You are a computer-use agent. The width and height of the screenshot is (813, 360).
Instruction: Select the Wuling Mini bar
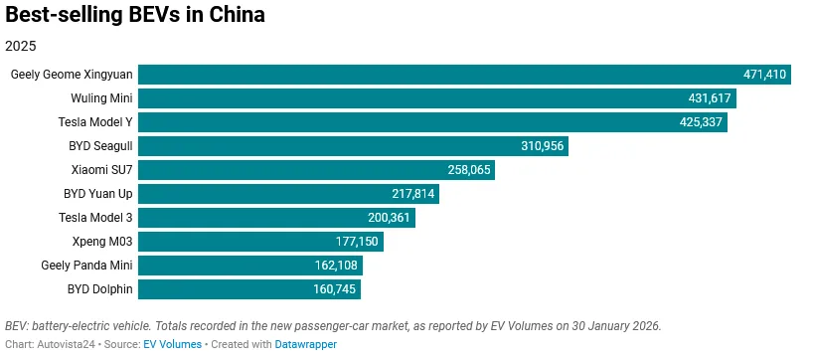407,98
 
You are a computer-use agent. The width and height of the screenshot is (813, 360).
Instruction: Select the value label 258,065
469,170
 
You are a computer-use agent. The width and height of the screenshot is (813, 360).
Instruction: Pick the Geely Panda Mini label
86,266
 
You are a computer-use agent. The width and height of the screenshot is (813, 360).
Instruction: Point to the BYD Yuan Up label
97,194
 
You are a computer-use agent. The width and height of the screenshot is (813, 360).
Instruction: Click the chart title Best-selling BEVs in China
135,16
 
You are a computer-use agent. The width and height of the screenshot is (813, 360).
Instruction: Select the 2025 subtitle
22,46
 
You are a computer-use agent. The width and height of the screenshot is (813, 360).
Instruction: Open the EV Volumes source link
172,344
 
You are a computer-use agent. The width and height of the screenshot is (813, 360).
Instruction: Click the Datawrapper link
305,344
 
